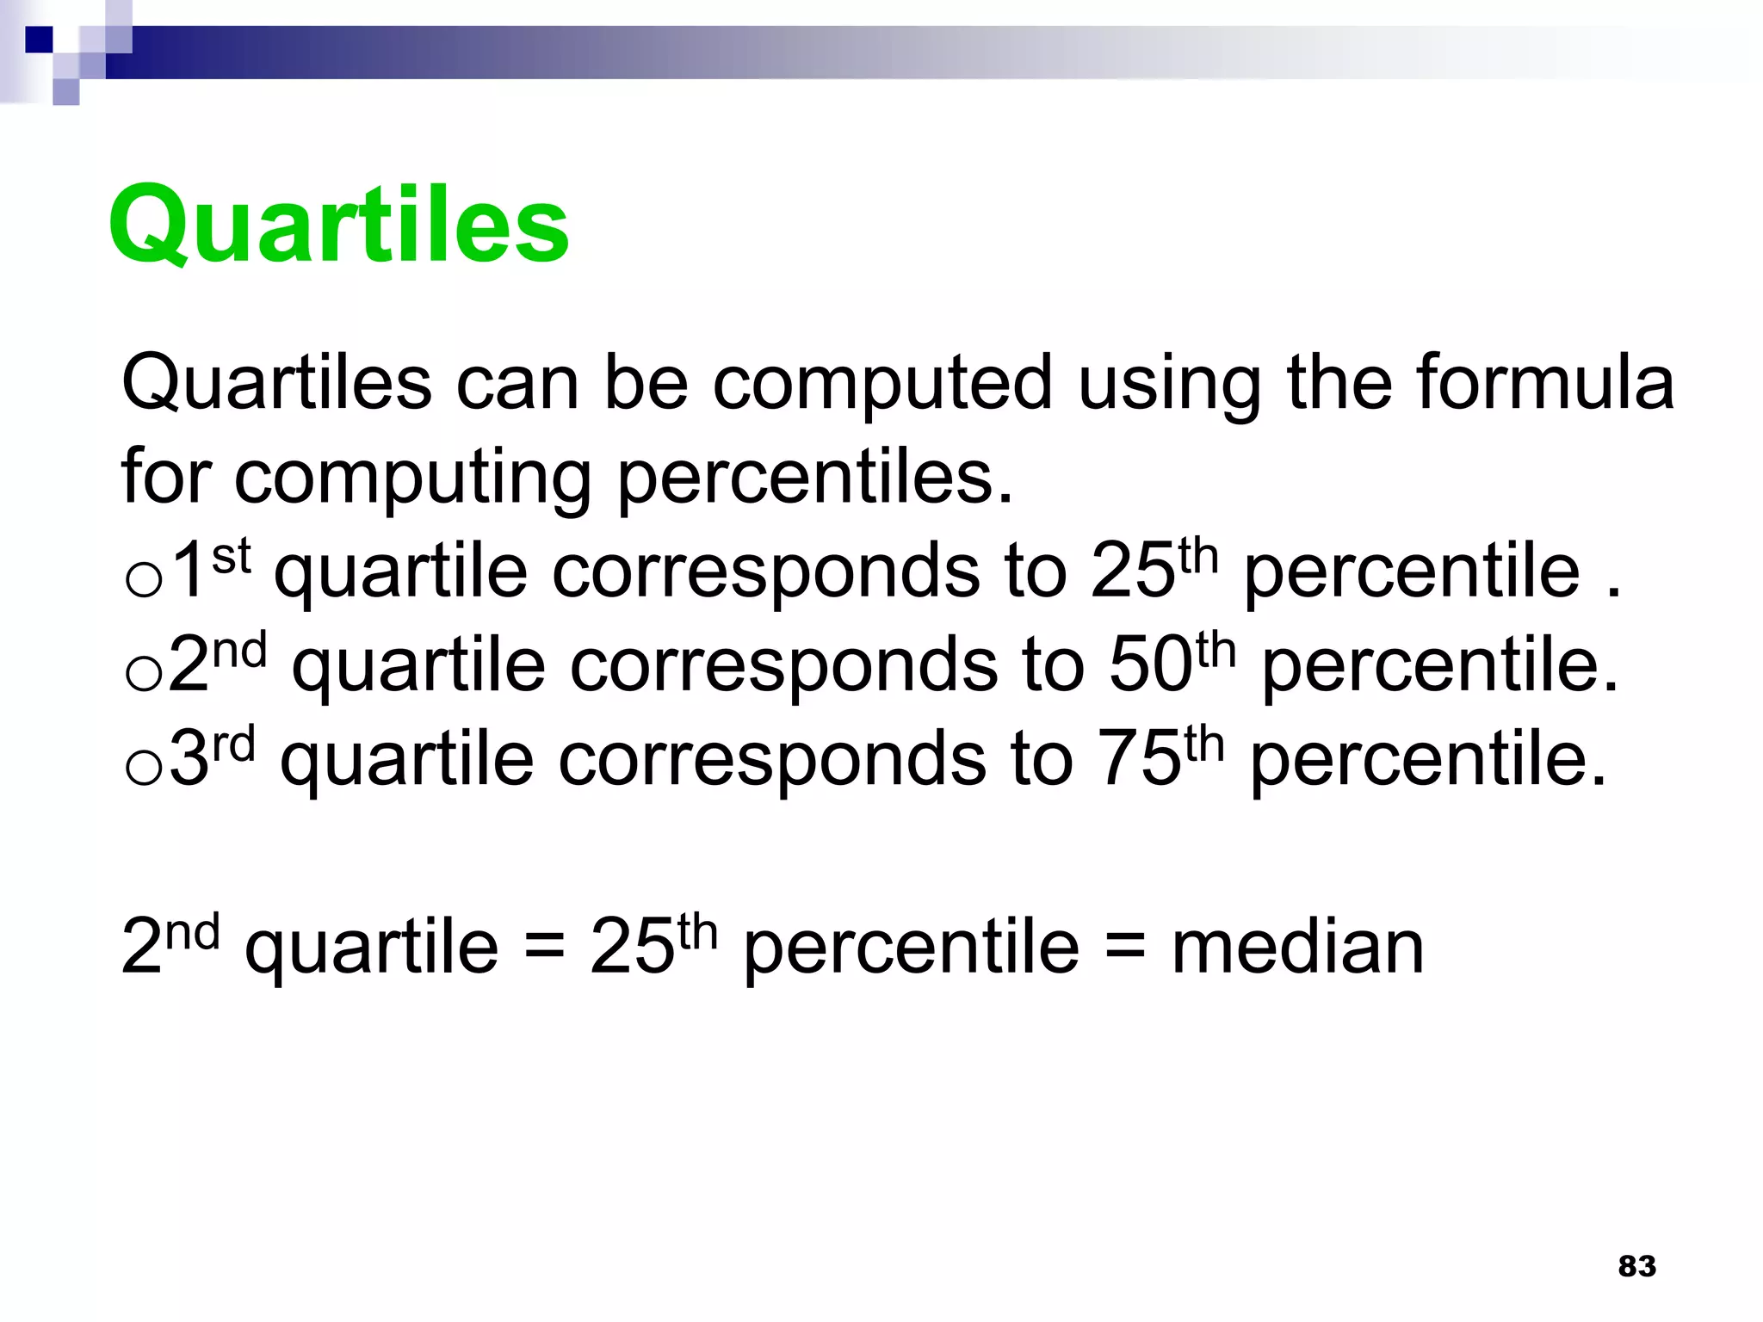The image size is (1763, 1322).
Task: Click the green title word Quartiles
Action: point(338,225)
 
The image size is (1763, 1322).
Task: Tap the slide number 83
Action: point(1636,1266)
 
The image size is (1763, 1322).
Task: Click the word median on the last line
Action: point(1297,948)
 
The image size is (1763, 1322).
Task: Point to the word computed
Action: point(882,385)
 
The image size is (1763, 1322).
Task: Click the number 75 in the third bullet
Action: point(1138,759)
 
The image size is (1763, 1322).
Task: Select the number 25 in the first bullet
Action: point(1132,571)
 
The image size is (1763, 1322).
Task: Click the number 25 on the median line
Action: point(632,948)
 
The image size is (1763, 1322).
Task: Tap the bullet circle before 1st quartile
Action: point(143,579)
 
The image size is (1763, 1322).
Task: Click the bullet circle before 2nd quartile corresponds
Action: point(143,673)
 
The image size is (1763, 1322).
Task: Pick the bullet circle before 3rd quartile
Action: point(143,767)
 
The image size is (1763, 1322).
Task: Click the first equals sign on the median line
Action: point(544,949)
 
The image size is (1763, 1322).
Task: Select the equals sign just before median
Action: point(1125,949)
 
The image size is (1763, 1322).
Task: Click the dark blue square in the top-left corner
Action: point(39,39)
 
